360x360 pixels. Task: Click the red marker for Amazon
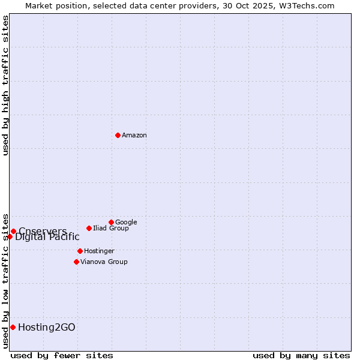tap(118, 135)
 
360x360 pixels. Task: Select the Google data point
tap(111, 222)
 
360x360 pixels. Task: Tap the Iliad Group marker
tap(89, 228)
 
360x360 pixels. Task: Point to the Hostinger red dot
tap(80, 251)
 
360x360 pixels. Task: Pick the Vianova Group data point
tap(76, 262)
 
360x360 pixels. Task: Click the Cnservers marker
tap(13, 231)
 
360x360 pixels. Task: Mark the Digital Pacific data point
tap(10, 236)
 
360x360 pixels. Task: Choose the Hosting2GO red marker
tap(13, 327)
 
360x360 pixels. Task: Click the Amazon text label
tap(134, 136)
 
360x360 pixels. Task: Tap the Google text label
tap(126, 223)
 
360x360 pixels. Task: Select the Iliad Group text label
tap(111, 229)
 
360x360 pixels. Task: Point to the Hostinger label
tap(99, 251)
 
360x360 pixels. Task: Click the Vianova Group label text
tap(104, 262)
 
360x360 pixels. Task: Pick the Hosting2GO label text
tap(47, 328)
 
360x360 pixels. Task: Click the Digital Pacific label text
tap(47, 237)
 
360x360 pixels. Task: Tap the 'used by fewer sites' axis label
tap(62, 355)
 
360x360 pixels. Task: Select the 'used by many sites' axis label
tap(301, 355)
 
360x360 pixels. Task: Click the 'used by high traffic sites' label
tap(6, 85)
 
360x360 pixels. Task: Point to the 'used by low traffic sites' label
tap(6, 280)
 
